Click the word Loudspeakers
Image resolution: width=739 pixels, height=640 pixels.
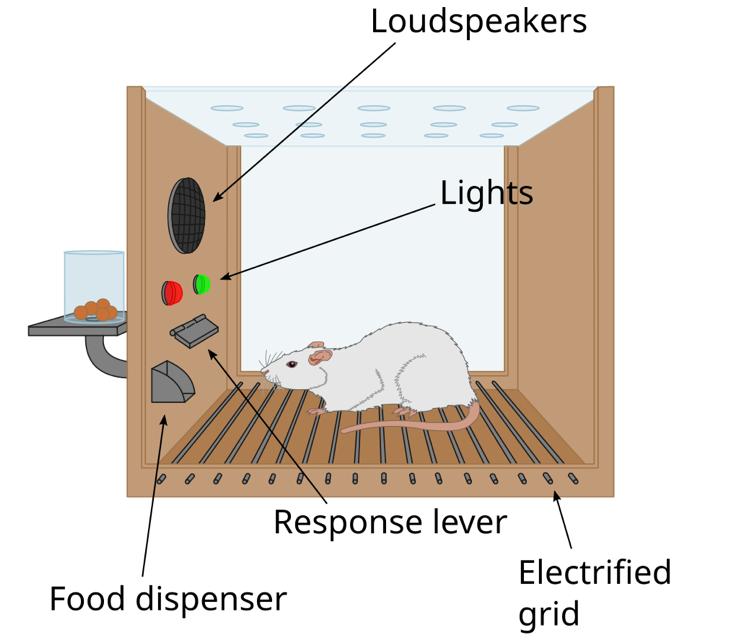[x=478, y=21]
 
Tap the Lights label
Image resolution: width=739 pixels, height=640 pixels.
[x=486, y=192]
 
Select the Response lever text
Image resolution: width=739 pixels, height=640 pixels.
[x=390, y=521]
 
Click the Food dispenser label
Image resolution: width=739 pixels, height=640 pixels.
[x=168, y=598]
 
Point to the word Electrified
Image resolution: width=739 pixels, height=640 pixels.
[x=594, y=572]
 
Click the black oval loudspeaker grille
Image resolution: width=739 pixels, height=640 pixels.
[x=186, y=215]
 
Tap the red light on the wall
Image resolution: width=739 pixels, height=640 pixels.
[x=172, y=292]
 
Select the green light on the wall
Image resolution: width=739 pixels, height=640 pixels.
[x=202, y=284]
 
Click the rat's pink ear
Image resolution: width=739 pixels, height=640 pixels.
[x=318, y=354]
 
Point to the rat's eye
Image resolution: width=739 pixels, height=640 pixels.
[x=291, y=364]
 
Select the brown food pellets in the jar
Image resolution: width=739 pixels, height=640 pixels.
[x=95, y=310]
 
